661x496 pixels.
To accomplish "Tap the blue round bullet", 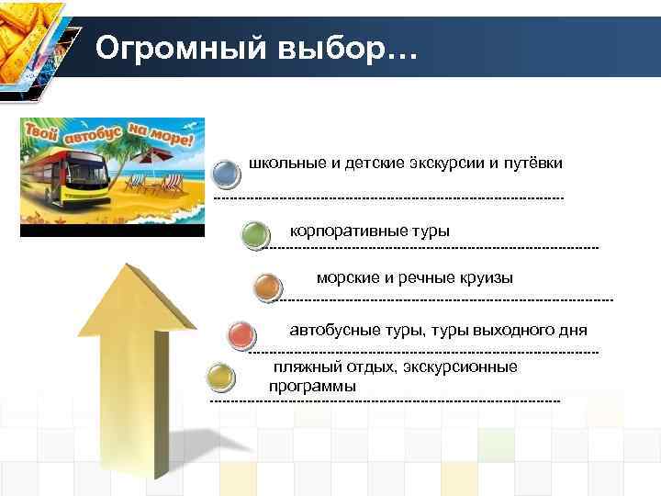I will pyautogui.click(x=226, y=172).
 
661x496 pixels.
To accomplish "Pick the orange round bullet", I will pyautogui.click(x=266, y=287).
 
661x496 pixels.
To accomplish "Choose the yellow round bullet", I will pyautogui.click(x=219, y=377).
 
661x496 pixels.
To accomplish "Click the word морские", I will pyautogui.click(x=345, y=277).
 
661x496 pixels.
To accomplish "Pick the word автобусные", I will pyautogui.click(x=330, y=330).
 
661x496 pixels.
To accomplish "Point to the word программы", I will pyautogui.click(x=312, y=387).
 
